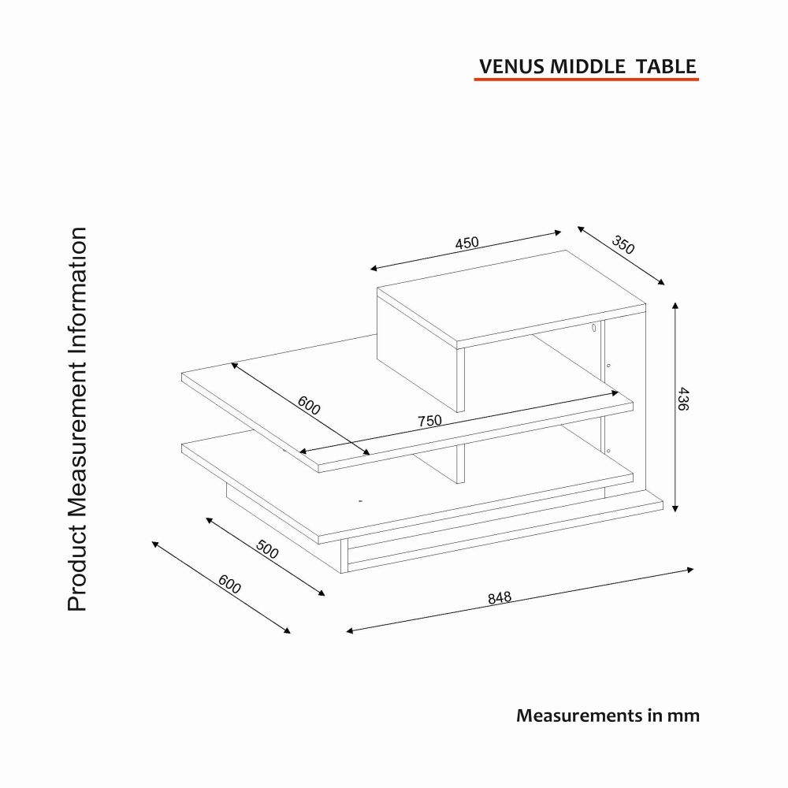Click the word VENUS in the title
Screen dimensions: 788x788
(511, 67)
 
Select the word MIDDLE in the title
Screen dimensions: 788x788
(588, 67)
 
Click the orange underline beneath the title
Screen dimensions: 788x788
(586, 79)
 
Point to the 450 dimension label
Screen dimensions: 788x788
(466, 243)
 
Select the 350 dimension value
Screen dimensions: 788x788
(623, 245)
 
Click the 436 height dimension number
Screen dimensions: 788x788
(682, 399)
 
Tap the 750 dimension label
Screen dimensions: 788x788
(429, 421)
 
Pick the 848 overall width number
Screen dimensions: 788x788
(500, 597)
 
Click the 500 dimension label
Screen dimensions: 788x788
(267, 549)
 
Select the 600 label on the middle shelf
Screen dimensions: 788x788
(309, 406)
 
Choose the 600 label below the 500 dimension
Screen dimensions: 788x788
(229, 584)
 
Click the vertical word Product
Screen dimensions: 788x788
(78, 570)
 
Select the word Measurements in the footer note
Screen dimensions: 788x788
(578, 716)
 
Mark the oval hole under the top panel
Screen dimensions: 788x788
(593, 328)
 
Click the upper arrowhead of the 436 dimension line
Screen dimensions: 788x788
(675, 306)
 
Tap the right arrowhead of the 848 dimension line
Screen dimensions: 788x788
(690, 570)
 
